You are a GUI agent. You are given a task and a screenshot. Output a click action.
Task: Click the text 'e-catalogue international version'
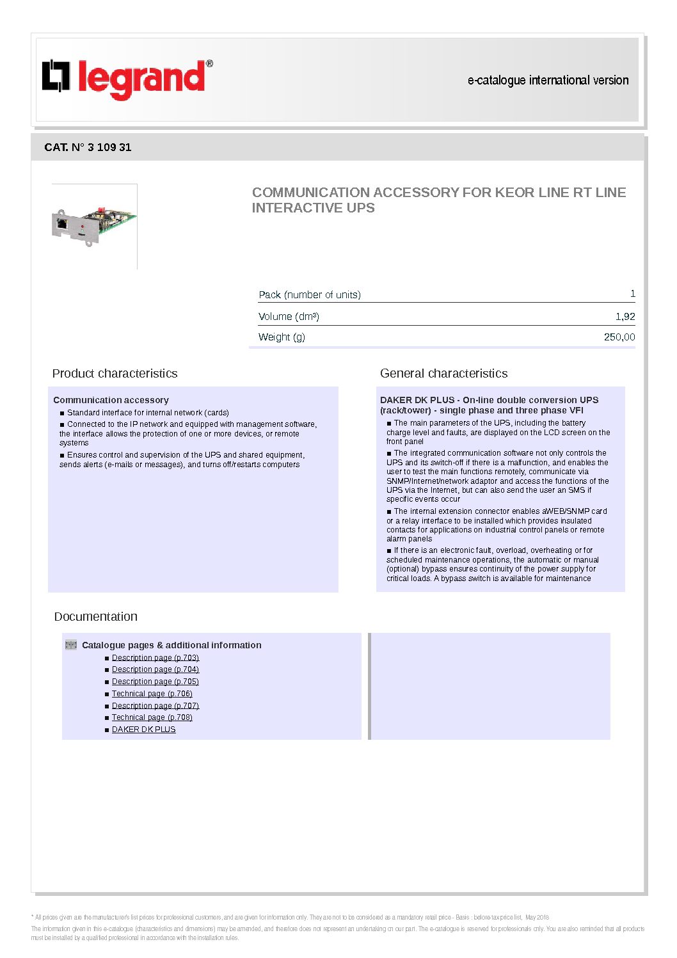(548, 81)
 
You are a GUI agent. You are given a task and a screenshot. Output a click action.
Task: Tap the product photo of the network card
(94, 225)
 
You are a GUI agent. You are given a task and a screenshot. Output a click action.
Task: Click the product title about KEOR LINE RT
(438, 200)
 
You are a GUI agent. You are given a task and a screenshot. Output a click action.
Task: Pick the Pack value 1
(632, 294)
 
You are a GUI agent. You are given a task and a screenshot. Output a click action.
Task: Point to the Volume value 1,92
(625, 316)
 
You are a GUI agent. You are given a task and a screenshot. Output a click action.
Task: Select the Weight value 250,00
(619, 337)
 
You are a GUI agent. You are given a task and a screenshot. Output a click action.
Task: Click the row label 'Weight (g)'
(282, 337)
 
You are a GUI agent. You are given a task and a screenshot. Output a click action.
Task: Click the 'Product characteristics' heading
(115, 373)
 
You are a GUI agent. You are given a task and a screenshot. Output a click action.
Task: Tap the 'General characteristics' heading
(443, 373)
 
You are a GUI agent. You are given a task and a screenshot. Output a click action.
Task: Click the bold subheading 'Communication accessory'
(111, 400)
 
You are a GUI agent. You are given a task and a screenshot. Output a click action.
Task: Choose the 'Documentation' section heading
(95, 616)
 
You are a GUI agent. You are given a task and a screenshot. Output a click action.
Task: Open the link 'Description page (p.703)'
(155, 658)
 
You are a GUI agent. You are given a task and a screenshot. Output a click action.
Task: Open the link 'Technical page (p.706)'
(152, 694)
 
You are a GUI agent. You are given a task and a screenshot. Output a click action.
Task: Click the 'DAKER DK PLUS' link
(143, 730)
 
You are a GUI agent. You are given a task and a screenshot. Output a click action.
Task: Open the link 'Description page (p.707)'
(155, 706)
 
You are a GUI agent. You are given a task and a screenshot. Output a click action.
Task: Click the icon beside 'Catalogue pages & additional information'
(71, 645)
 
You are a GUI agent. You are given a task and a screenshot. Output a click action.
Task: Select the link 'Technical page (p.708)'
(152, 717)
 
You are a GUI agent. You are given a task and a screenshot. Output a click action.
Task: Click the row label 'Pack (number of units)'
(309, 294)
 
